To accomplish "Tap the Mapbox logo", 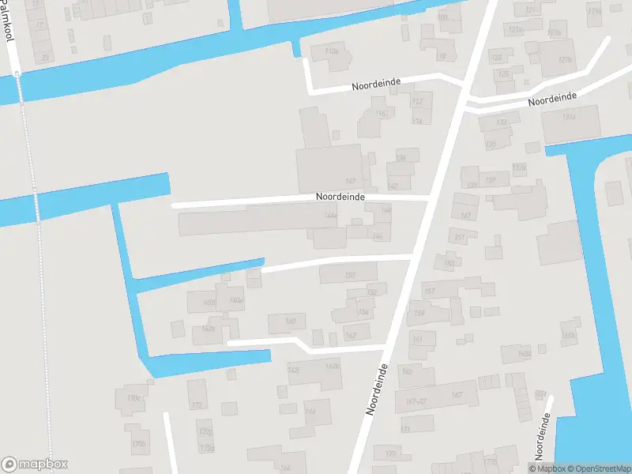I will click(34, 465).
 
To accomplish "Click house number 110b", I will click(331, 51).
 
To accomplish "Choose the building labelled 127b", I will click(564, 60).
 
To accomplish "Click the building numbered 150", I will click(350, 275).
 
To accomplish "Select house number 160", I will click(290, 321).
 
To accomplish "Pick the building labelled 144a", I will click(331, 215).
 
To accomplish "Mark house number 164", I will click(310, 412).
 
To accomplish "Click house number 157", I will click(430, 292).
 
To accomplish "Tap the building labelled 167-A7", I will click(416, 401).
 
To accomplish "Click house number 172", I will click(197, 405).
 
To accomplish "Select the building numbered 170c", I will click(134, 398).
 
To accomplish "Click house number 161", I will click(418, 340).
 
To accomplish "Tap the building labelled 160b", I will click(568, 336).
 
